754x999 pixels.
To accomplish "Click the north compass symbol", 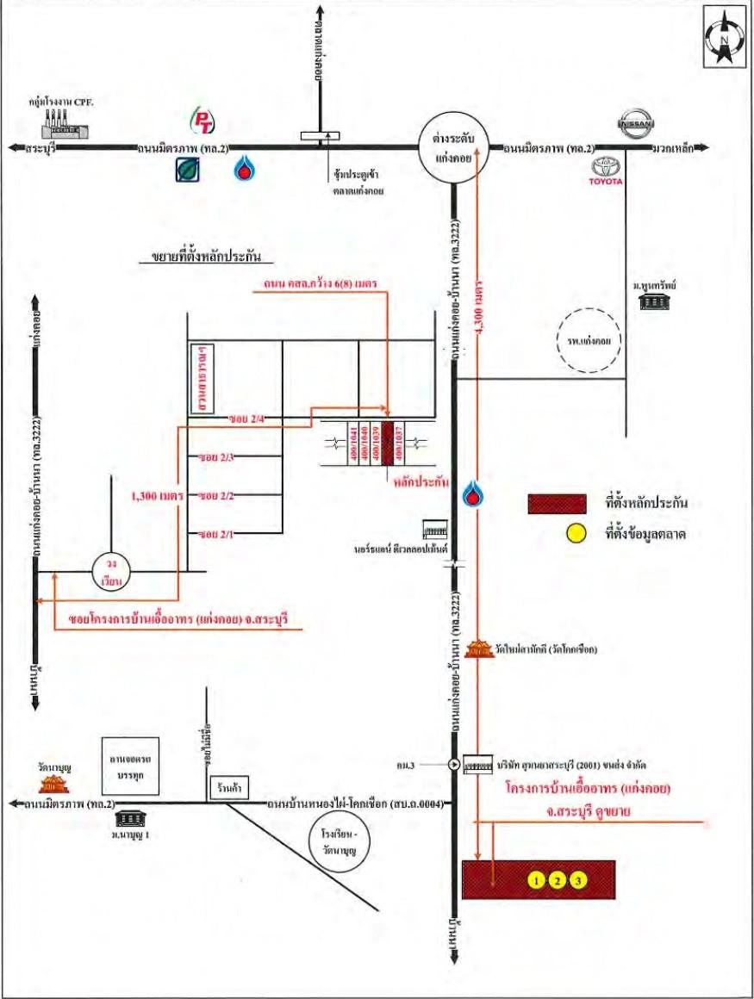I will pos(725,36).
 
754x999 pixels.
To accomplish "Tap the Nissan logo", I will pos(637,126).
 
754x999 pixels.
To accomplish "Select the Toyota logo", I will pos(606,171).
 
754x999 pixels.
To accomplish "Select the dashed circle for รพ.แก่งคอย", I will pos(590,341).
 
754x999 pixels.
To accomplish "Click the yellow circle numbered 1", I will pos(536,879).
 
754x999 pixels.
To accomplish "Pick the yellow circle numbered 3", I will pos(579,879).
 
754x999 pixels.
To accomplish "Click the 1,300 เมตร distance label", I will pos(154,497).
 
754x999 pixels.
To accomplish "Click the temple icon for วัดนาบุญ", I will pos(55,783).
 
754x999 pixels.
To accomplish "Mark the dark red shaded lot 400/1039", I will pos(388,445).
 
